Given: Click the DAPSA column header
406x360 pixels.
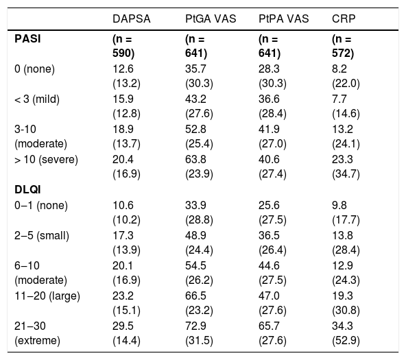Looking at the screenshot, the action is (131, 19).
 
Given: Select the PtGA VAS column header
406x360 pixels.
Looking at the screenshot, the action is (211, 19).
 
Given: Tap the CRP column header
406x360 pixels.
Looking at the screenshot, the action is (344, 19).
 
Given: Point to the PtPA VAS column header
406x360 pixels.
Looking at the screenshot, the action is (283, 19).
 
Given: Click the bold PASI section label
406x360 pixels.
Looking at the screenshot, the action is (27, 39).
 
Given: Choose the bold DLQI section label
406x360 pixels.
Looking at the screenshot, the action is (27, 190).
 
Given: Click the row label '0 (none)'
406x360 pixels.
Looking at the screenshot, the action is (34, 69).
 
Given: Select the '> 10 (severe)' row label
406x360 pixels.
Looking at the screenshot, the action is (46, 159).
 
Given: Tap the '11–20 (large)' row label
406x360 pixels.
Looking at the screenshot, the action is (47, 296).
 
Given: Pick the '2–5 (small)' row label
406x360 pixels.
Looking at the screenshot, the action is (42, 236).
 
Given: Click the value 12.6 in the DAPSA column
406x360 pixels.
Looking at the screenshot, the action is (123, 69).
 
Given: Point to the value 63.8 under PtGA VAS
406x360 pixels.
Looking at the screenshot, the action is (195, 159).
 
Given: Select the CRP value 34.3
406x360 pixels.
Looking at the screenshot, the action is (342, 326).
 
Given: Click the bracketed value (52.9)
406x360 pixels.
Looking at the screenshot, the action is (346, 341).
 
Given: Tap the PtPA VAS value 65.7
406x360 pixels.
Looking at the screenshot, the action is (269, 326).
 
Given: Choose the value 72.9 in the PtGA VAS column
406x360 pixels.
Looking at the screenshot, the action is (195, 326).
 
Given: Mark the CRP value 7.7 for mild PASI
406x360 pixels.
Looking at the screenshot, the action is (339, 99).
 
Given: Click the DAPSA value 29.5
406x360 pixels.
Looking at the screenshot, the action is (123, 326).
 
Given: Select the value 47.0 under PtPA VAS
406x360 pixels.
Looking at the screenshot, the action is (269, 296).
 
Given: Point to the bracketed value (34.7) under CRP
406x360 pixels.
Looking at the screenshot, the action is (346, 174).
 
